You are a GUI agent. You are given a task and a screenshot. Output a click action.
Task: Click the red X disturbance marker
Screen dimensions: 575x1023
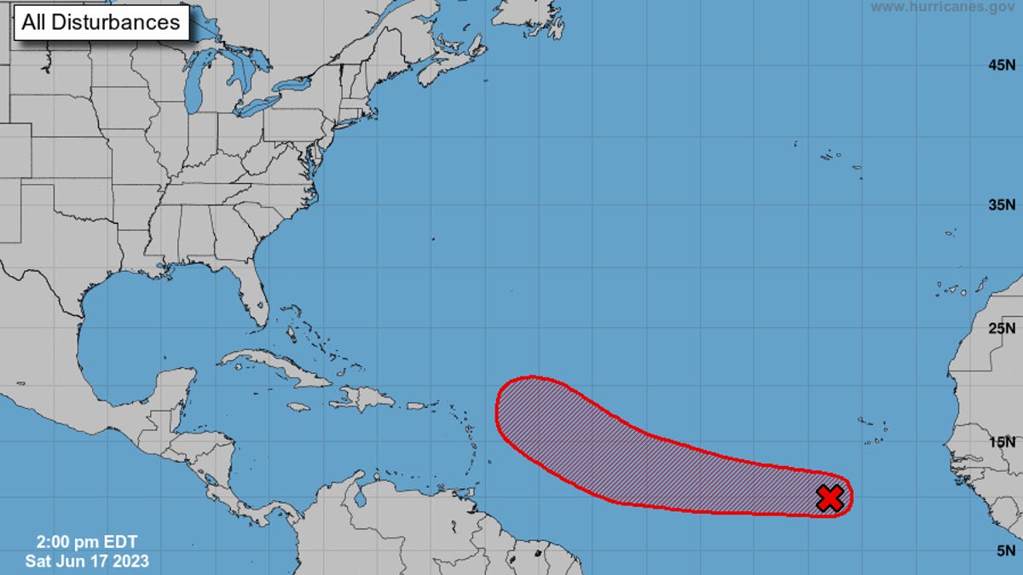[x=829, y=498]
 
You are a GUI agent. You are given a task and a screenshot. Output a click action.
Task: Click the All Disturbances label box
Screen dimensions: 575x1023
[x=101, y=23]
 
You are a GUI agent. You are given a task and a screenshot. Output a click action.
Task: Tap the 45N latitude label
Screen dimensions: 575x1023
[x=1001, y=65]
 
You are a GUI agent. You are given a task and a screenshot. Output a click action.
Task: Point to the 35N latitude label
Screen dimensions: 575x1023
[x=1001, y=204]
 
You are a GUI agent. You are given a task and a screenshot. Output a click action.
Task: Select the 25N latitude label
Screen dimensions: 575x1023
[x=1001, y=328]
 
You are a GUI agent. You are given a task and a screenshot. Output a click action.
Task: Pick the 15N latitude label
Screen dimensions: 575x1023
[x=1001, y=441]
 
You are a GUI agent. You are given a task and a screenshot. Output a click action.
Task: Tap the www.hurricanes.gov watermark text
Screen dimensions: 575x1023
[x=942, y=7]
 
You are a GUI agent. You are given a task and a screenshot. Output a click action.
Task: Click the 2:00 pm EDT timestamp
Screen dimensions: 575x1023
[x=86, y=542]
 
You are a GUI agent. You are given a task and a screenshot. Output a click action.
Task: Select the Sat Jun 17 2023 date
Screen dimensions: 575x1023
[x=87, y=561]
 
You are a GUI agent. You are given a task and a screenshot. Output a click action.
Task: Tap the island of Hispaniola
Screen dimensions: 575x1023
[x=367, y=398]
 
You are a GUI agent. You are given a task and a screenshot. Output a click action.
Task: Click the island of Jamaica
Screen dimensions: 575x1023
[x=298, y=407]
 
